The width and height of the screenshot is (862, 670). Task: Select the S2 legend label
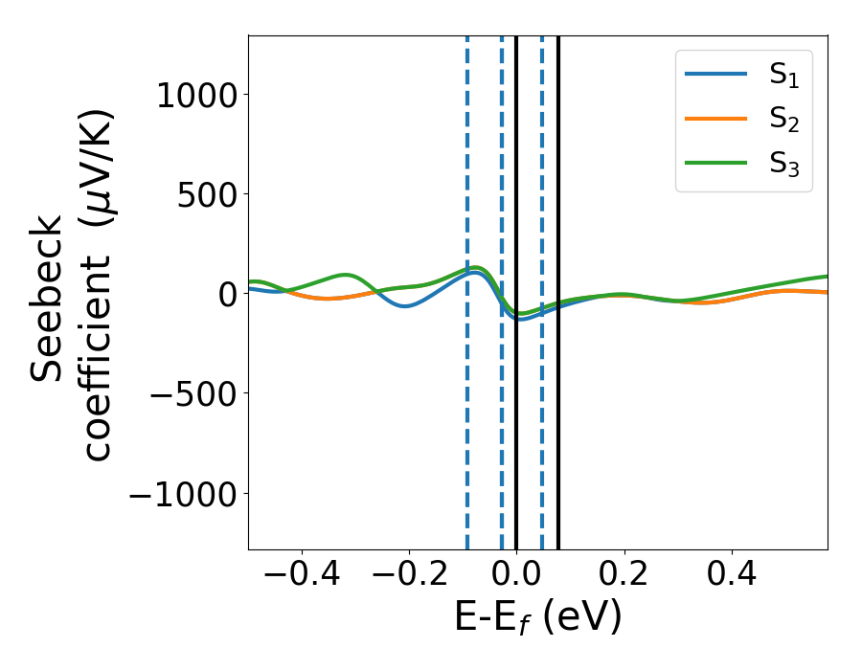point(783,121)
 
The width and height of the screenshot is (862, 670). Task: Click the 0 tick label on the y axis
point(227,293)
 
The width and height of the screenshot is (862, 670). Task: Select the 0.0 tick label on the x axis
point(516,574)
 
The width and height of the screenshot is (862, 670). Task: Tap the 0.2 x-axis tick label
point(624,574)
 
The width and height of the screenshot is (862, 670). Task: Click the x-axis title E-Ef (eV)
point(537,617)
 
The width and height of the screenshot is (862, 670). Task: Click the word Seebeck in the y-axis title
point(47,299)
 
